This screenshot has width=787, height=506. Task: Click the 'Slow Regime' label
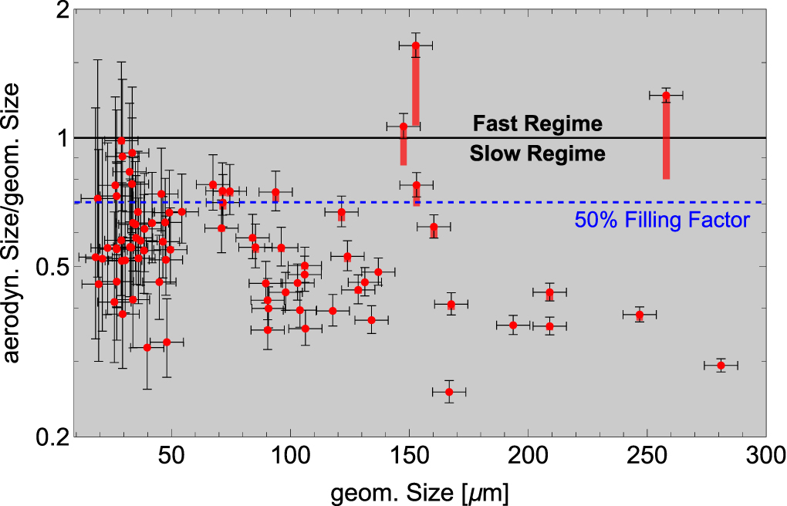(x=537, y=153)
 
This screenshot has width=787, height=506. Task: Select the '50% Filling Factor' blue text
(x=662, y=221)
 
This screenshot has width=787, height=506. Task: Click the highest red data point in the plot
(x=415, y=46)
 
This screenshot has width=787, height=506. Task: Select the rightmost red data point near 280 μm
(x=721, y=366)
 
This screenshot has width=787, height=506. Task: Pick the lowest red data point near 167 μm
(x=449, y=393)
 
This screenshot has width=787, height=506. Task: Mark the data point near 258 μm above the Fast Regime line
(x=665, y=96)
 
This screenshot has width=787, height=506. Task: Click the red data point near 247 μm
(x=640, y=315)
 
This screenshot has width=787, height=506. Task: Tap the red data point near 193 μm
(x=513, y=326)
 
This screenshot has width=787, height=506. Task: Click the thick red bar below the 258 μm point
(x=665, y=139)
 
